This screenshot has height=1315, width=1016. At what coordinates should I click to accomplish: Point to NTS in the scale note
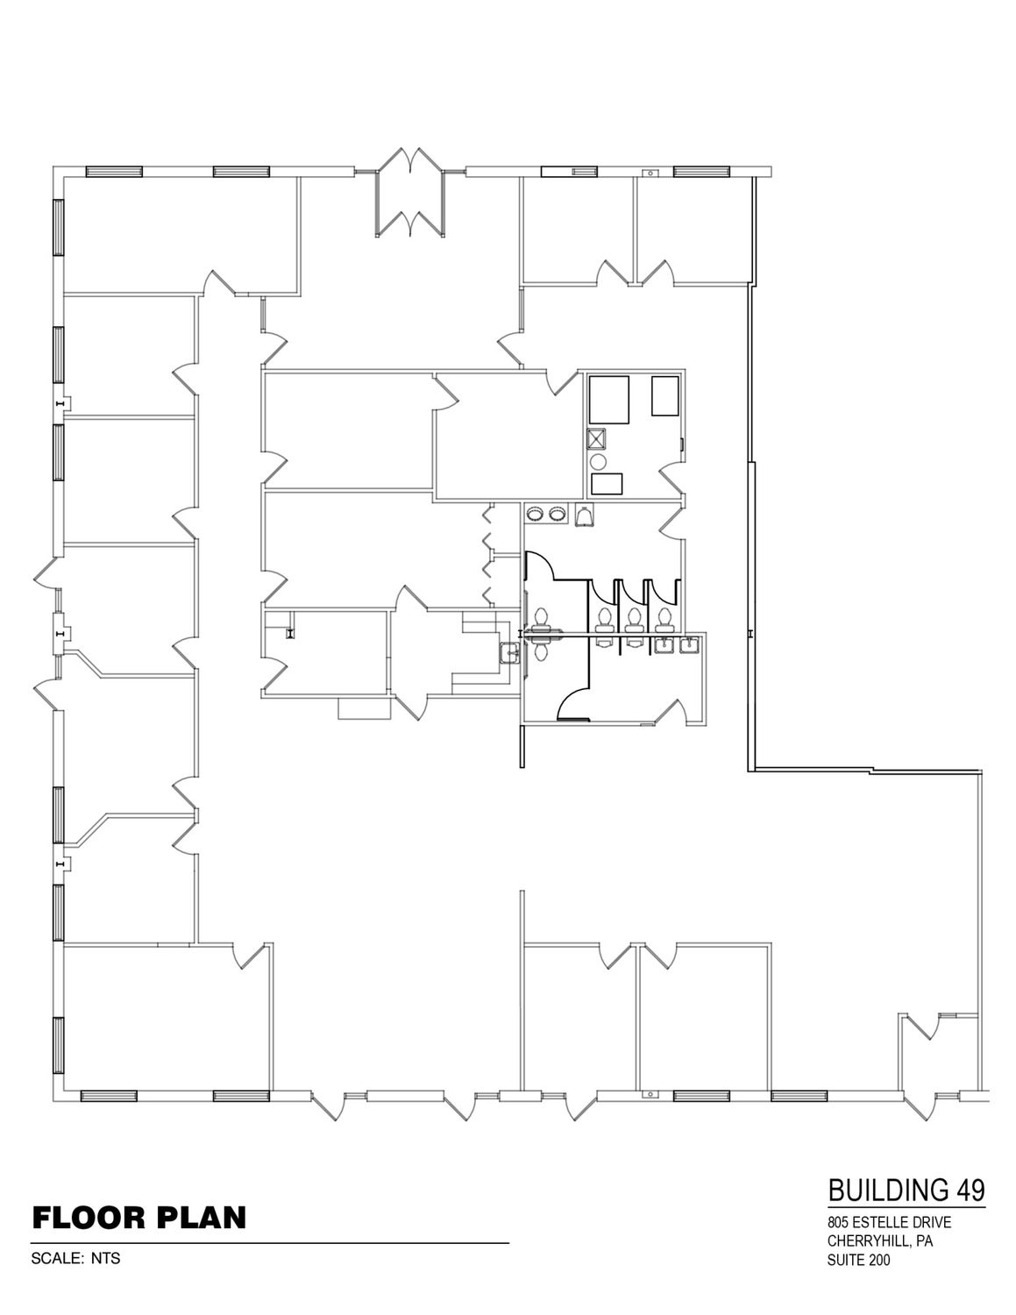106,1259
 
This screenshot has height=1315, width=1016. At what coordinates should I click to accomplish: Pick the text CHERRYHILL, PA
880,1241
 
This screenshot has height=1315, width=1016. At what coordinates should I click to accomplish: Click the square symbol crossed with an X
597,437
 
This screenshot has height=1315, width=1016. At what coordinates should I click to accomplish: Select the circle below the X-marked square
598,462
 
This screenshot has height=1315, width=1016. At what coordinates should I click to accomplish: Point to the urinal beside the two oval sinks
583,516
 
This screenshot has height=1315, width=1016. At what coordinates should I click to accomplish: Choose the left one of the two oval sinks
535,514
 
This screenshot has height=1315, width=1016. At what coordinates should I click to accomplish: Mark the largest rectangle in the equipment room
608,400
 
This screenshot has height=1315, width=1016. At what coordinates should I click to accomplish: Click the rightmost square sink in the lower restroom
689,646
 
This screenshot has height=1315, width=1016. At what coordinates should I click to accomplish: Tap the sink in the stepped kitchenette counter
510,652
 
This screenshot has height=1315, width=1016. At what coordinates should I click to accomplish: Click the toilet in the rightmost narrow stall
664,618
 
